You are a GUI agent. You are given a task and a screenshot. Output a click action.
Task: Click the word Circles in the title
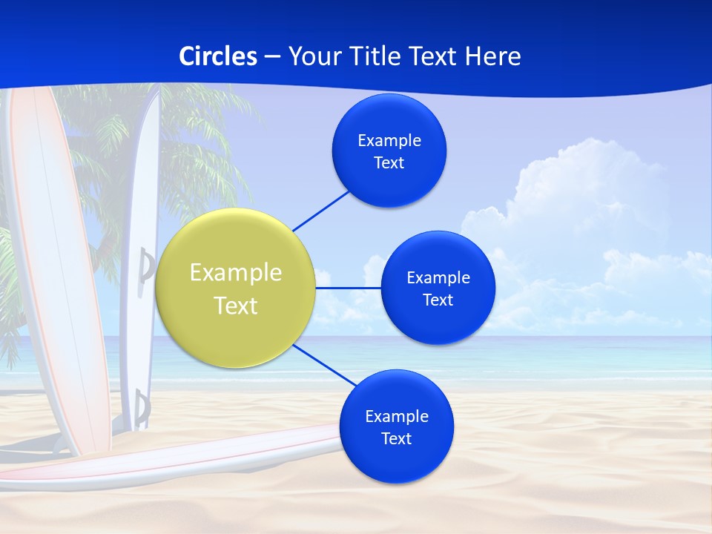218,56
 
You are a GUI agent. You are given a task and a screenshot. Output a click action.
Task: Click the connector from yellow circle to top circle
321,210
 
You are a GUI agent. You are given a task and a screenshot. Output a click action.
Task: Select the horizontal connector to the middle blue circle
348,288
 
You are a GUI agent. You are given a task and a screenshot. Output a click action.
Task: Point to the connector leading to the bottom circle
324,365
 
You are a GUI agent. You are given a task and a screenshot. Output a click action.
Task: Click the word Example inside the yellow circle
236,273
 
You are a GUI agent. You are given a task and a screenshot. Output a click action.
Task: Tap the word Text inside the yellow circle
236,306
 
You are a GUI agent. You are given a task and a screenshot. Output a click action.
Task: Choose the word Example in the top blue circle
389,141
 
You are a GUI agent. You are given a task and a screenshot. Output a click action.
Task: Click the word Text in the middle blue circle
438,300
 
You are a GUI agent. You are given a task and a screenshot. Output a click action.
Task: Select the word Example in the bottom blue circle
397,417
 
